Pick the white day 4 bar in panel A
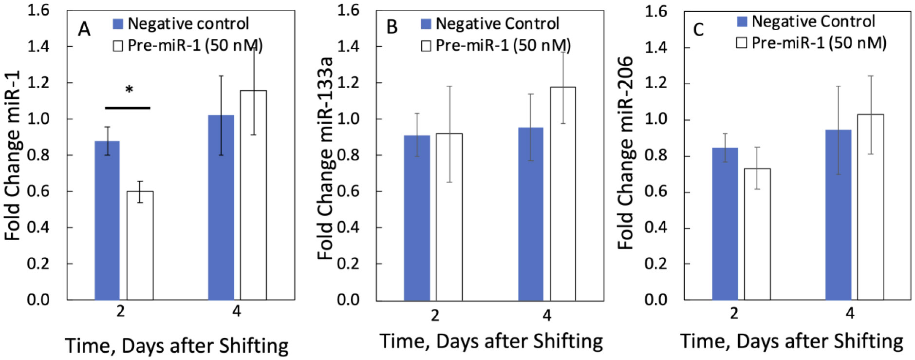[x=253, y=195]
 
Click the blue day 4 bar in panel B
[x=530, y=214]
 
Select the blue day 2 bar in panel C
[x=725, y=224]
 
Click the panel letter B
[x=392, y=27]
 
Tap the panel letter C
[x=698, y=30]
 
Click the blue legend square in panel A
[x=118, y=23]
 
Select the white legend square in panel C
[x=741, y=43]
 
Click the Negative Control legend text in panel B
[x=497, y=23]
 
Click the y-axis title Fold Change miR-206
[x=626, y=153]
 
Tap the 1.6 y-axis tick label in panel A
[x=38, y=10]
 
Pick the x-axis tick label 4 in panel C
[x=850, y=313]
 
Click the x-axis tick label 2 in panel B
[x=435, y=315]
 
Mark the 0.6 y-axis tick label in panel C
[x=656, y=191]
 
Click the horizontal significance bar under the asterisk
[x=128, y=108]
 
